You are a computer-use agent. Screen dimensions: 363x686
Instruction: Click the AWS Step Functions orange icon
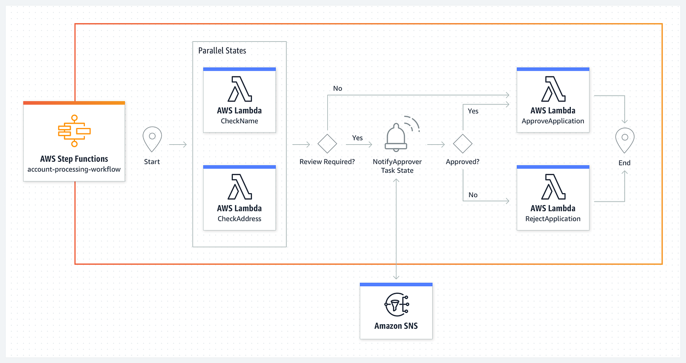coord(74,130)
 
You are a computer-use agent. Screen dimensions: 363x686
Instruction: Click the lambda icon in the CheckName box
coord(239,89)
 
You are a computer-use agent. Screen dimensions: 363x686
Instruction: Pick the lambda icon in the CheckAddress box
coord(239,187)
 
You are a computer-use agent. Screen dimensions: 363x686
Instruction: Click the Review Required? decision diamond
coord(327,145)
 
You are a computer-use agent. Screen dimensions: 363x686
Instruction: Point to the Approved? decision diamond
coord(462,144)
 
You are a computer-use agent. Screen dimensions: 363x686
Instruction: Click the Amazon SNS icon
coord(396,305)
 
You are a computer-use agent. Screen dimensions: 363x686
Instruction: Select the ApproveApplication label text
coord(553,121)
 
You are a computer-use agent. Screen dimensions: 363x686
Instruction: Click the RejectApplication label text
coord(553,219)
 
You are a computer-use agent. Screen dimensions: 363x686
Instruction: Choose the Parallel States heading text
coord(222,51)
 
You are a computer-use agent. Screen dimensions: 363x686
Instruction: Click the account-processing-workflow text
coord(74,169)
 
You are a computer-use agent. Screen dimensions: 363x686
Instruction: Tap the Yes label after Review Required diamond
coord(357,138)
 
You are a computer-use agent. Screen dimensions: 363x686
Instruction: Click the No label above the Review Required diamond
coord(337,88)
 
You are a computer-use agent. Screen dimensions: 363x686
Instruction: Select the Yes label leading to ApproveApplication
coord(473,111)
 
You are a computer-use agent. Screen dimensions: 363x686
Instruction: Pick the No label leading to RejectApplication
coord(473,195)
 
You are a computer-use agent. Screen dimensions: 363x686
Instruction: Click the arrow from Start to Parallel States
coord(177,145)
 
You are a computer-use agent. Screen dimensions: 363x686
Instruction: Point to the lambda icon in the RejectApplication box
coord(553,187)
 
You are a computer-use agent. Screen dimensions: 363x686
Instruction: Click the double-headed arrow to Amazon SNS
coord(396,230)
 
